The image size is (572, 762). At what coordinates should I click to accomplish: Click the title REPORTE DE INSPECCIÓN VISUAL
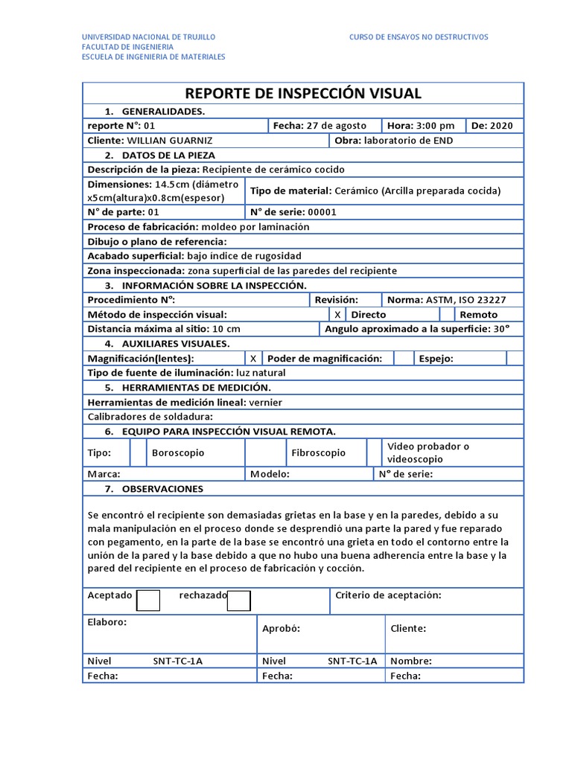[302, 93]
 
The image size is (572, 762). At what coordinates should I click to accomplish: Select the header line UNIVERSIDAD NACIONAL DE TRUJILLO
[148, 36]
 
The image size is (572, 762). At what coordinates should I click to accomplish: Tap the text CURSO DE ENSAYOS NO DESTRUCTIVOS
[419, 36]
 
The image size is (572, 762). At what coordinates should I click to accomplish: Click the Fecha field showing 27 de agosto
[324, 126]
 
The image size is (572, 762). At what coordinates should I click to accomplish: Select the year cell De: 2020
[496, 126]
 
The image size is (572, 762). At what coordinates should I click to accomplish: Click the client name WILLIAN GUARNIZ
[170, 141]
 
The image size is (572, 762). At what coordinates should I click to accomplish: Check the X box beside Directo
[337, 315]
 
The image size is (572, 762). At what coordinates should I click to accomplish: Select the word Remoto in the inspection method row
[479, 315]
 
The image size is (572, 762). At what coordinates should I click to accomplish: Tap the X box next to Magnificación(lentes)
[254, 359]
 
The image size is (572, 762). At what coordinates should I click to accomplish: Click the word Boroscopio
[178, 452]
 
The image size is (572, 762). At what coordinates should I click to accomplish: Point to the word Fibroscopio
[318, 452]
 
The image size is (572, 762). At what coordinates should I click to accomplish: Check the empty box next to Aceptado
[149, 600]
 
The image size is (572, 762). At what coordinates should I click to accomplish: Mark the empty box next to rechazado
[239, 600]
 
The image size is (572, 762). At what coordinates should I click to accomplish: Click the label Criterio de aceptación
[388, 595]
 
